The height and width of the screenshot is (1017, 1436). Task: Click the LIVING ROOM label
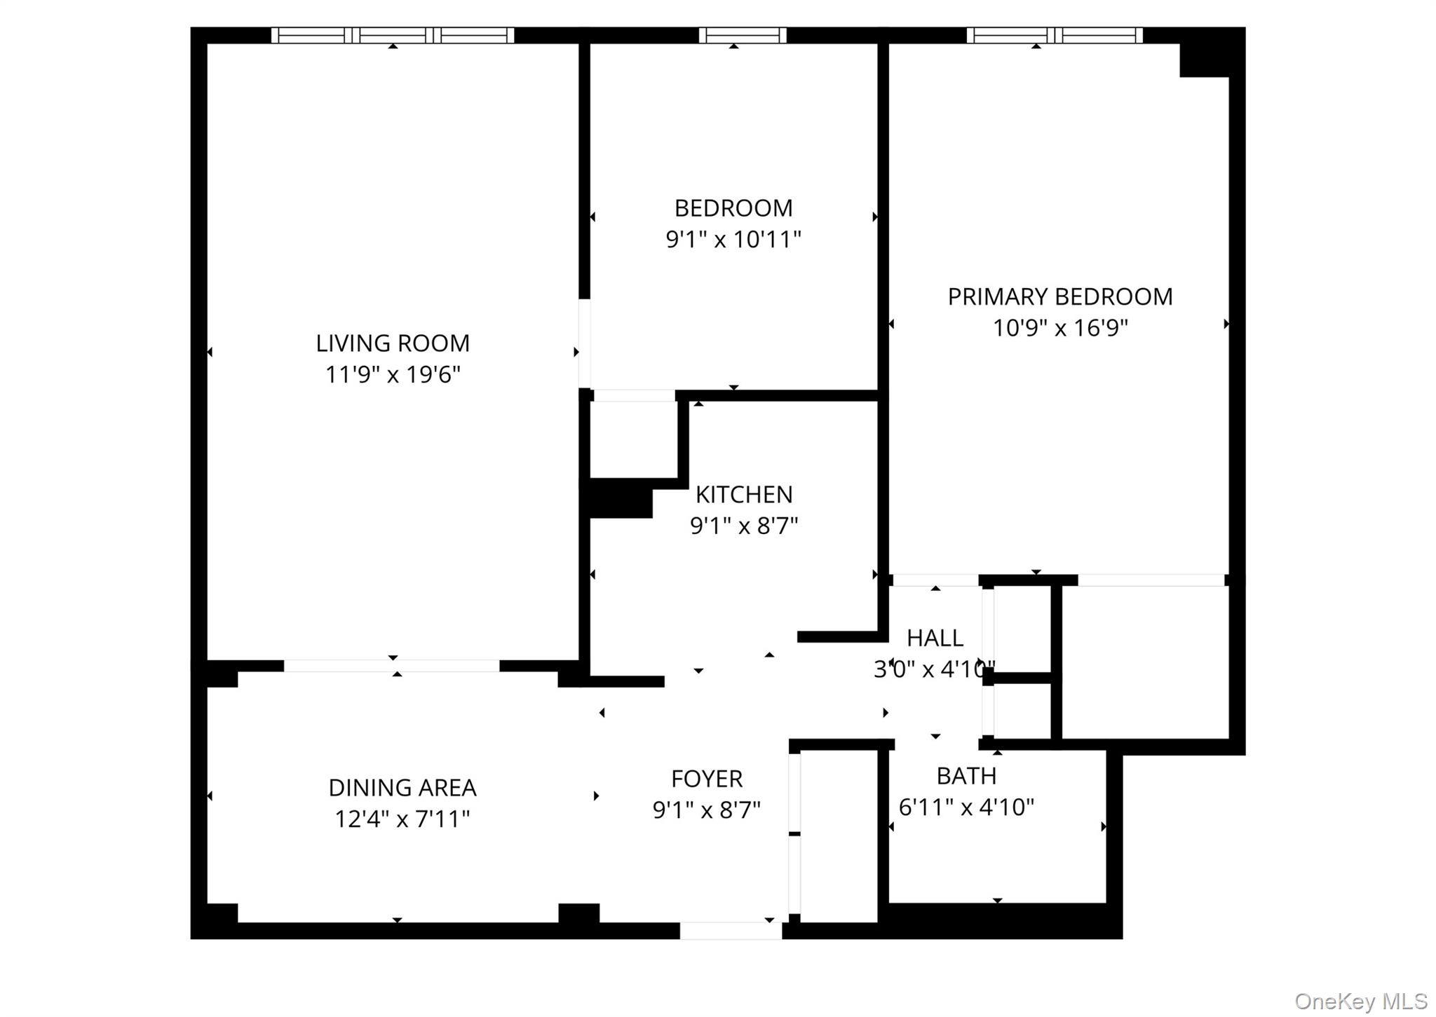pos(392,343)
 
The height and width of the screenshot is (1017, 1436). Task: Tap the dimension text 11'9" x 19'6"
pos(392,375)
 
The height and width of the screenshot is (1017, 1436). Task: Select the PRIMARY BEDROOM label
pos(1059,297)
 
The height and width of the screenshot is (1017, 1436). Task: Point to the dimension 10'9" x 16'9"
pos(1059,328)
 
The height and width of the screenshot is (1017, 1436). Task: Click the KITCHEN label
pos(743,495)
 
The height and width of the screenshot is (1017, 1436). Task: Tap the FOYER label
pos(706,779)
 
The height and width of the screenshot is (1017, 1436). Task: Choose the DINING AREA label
pos(402,788)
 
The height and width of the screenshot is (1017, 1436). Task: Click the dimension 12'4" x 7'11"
pos(402,819)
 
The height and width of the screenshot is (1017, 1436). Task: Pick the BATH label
pos(966,776)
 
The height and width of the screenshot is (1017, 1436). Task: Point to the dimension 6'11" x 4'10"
pos(966,807)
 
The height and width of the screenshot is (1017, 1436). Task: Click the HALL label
pos(934,638)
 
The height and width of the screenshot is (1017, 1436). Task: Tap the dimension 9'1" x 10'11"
pos(733,240)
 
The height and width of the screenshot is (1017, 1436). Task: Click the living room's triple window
pos(393,35)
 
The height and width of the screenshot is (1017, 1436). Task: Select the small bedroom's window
pos(742,35)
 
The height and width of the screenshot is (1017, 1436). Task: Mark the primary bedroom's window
pos(1054,35)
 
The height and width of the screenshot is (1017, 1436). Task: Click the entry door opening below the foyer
pos(730,930)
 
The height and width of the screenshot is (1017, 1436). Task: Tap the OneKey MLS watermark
pos(1360,1001)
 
